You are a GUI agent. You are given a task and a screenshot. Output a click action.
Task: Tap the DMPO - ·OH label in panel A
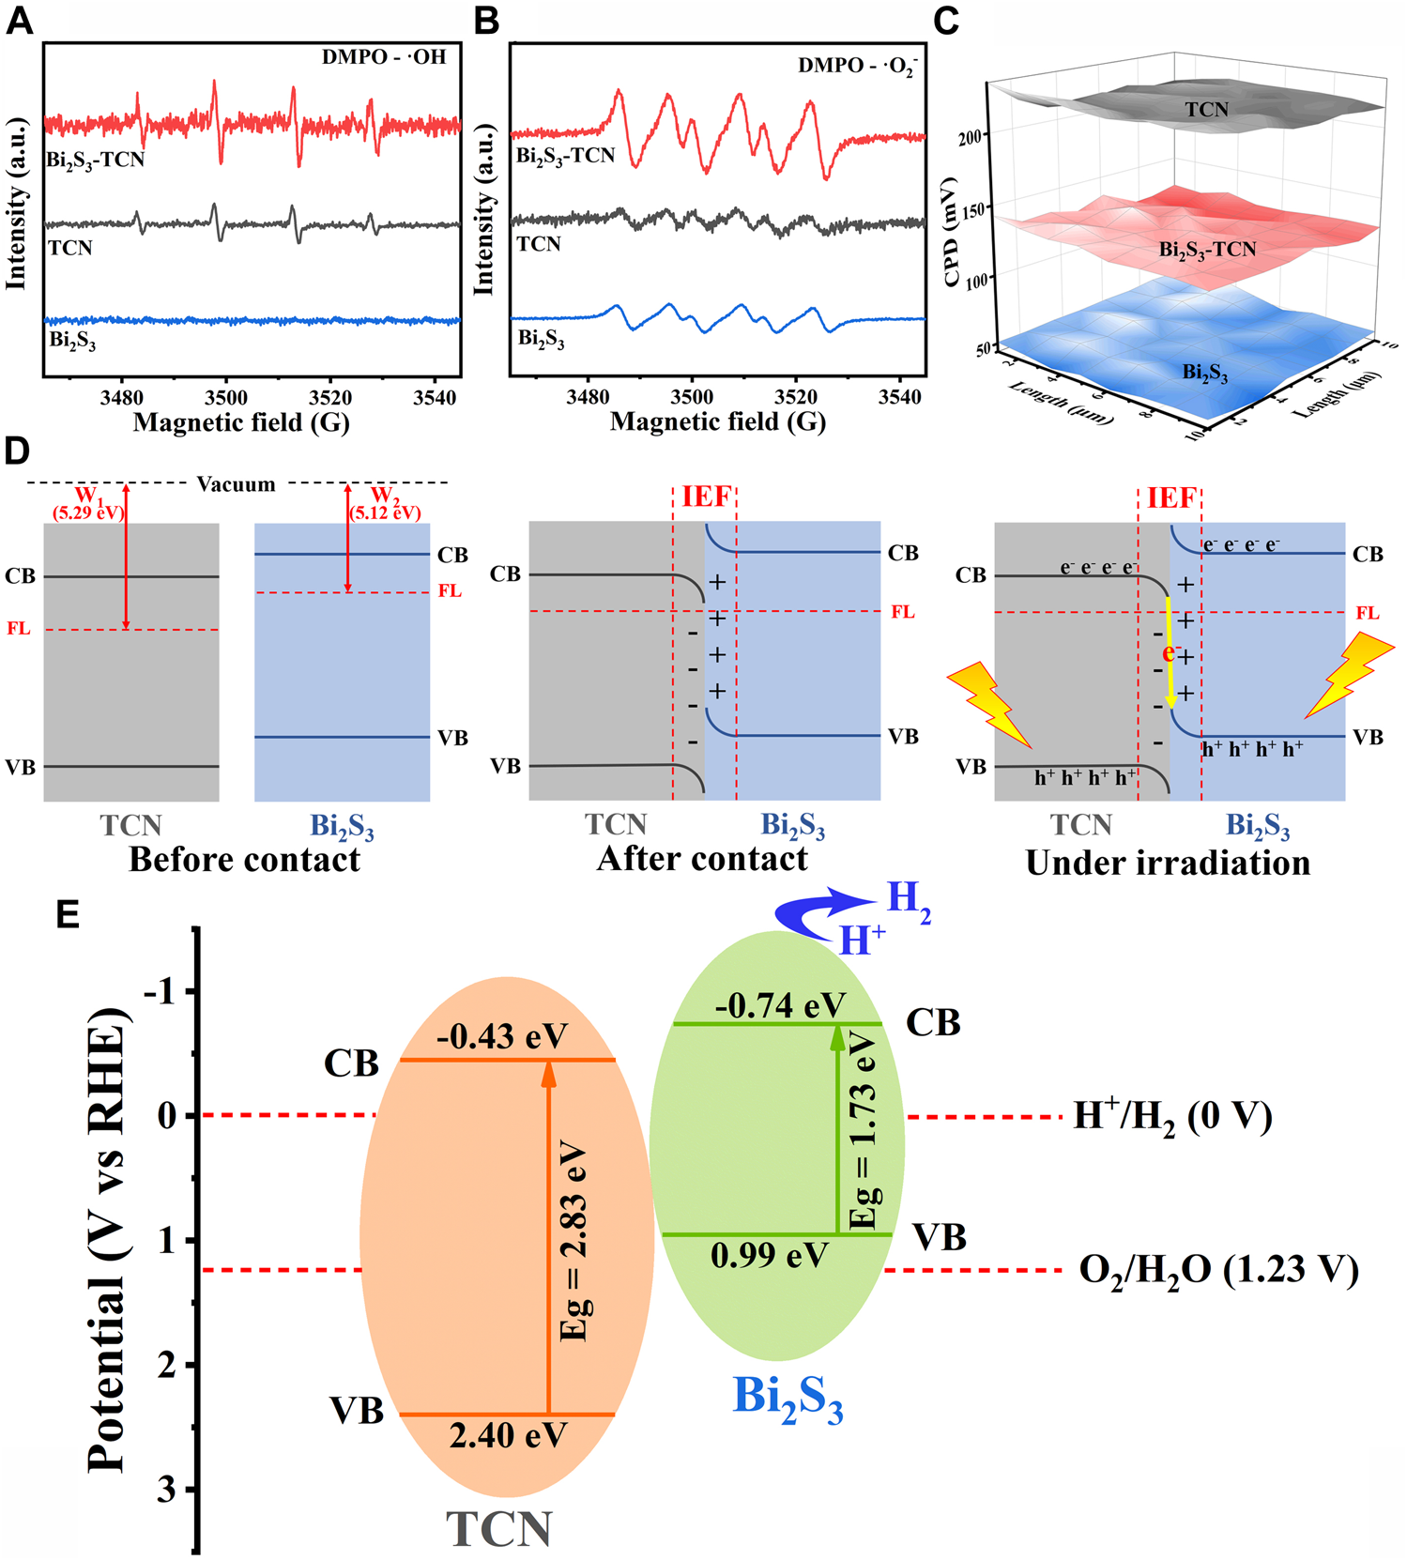coord(384,56)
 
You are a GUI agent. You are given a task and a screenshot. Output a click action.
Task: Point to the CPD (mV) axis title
coord(951,230)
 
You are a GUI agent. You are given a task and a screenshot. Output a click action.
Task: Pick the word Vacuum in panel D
coord(236,484)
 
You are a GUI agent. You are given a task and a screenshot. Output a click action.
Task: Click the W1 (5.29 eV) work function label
coord(87,504)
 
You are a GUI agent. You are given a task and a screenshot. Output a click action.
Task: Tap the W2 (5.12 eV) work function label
coord(384,504)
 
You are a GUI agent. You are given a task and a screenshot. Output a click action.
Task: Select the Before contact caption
coord(244,860)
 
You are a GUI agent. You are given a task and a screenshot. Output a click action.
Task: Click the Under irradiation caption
coord(1168,863)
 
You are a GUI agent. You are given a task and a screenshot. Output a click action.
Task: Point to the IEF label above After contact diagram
coord(706,497)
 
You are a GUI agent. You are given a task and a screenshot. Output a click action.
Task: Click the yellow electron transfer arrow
coord(1170,651)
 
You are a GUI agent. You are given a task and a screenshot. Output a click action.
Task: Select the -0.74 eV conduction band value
coord(780,1005)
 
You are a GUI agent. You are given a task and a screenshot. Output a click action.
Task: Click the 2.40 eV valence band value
coord(508,1435)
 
